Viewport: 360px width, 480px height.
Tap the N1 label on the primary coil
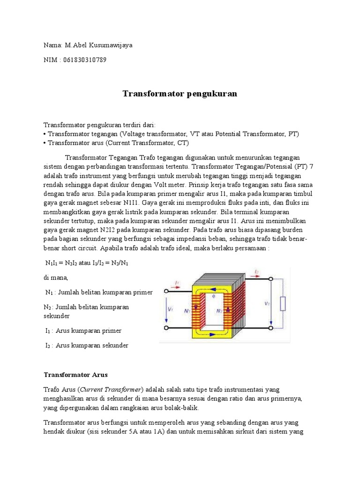click(187, 310)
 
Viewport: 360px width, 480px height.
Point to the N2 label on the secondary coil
click(217, 310)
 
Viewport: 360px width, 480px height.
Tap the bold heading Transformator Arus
click(75, 375)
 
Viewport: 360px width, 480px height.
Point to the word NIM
click(51, 60)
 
